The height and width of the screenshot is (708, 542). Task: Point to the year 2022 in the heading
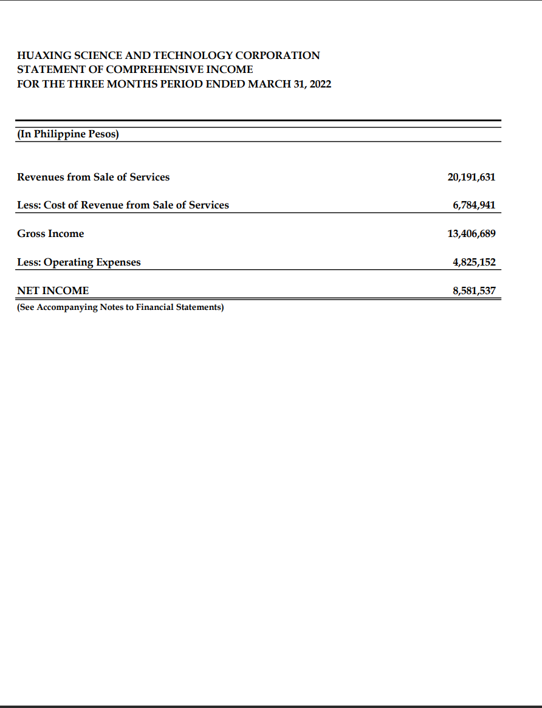pos(320,84)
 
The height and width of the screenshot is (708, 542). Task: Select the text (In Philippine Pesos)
pos(67,134)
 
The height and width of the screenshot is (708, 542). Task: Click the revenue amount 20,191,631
pos(471,177)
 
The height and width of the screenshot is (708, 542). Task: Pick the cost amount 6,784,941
pos(474,205)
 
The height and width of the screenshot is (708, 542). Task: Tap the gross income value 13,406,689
pos(471,233)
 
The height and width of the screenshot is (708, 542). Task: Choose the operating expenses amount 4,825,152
pos(474,262)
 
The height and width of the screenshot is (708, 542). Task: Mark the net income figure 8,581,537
pos(474,290)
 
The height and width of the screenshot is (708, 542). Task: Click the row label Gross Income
pos(50,233)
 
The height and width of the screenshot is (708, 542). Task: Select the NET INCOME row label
pos(53,290)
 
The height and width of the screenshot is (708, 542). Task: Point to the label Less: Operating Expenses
pos(78,262)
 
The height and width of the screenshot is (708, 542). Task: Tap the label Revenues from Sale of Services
pos(93,177)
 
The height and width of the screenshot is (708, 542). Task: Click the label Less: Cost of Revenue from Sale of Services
pos(123,205)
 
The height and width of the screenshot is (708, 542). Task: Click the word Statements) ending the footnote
pos(200,307)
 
